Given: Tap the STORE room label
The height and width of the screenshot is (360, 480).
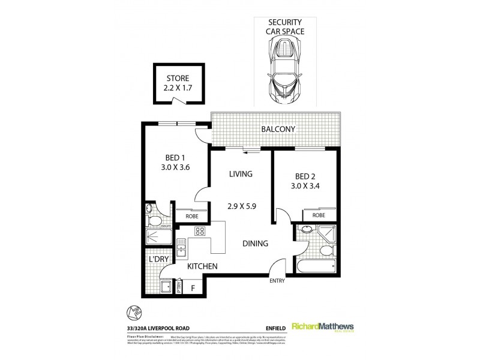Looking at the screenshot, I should point(177,79).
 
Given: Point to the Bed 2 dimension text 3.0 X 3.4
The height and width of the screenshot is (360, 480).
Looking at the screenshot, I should point(310,186).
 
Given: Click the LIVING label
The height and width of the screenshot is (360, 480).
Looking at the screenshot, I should point(240,174).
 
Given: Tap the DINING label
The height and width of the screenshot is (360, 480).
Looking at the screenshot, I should point(255,244).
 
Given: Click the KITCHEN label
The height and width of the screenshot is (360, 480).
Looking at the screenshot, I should point(202,266).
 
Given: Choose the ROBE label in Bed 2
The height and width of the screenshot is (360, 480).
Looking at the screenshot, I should point(319,215).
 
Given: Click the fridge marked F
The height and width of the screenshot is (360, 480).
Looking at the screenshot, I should point(193,288).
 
